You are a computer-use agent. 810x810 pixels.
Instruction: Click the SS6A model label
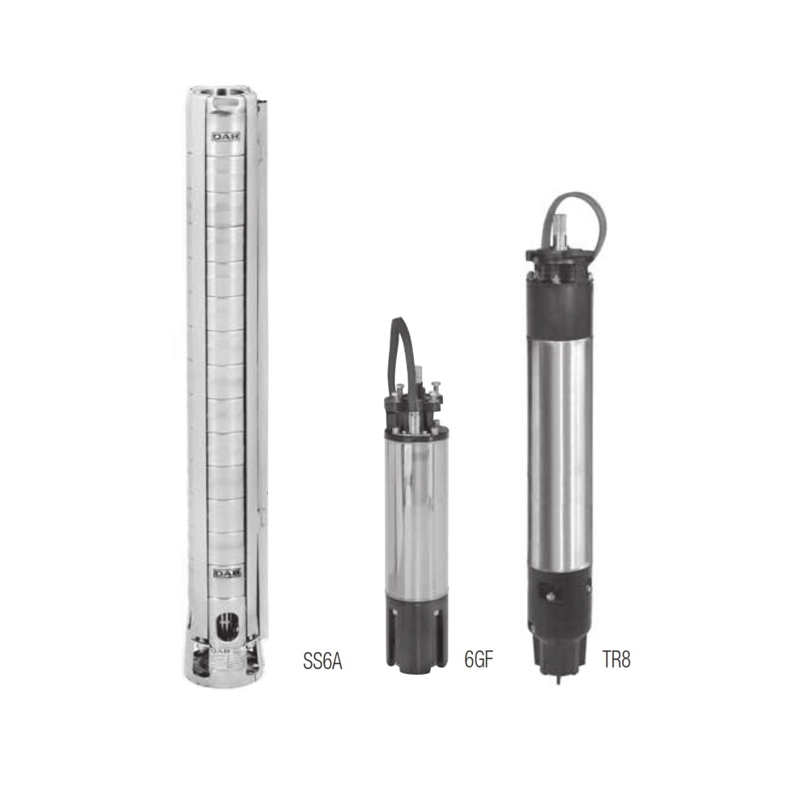click(x=323, y=661)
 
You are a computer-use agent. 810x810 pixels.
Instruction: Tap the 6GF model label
click(x=479, y=659)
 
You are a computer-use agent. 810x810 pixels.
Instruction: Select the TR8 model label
click(x=616, y=659)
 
